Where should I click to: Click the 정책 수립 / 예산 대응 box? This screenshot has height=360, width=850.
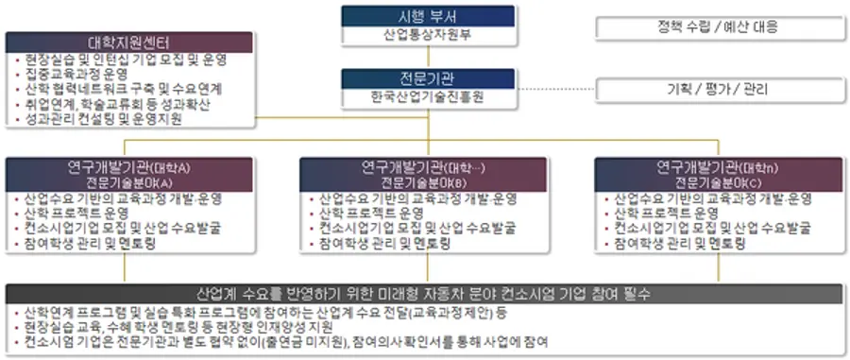(x=719, y=26)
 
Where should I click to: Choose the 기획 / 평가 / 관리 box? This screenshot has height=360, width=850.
(x=719, y=91)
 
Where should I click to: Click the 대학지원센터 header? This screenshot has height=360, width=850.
(x=129, y=43)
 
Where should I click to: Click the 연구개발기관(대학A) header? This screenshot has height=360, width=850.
(x=129, y=168)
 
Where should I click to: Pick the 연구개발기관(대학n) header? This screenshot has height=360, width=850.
(x=720, y=168)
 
